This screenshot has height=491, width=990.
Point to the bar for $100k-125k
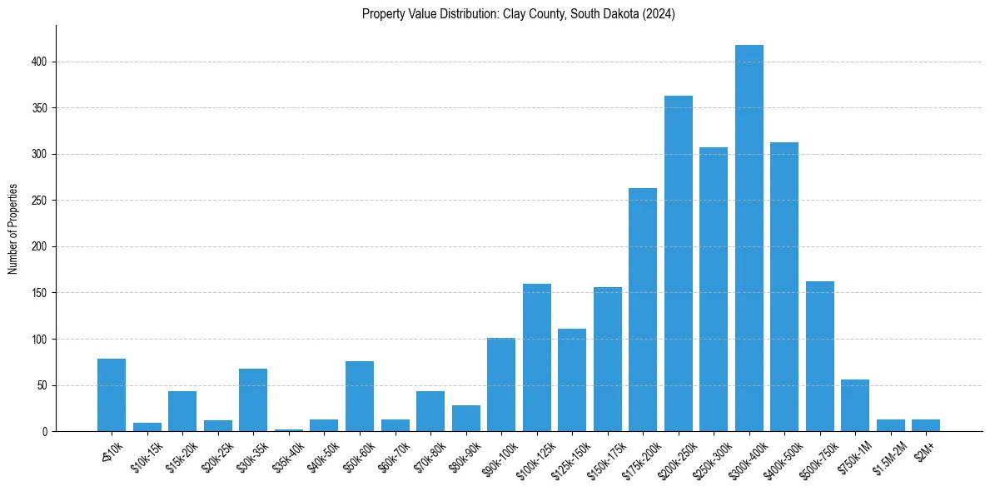coord(537,358)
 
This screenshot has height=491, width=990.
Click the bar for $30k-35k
coord(253,400)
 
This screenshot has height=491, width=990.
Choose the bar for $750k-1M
coord(855,405)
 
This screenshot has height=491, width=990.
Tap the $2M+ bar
coord(926,425)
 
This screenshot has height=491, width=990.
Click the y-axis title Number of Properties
coord(13,229)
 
